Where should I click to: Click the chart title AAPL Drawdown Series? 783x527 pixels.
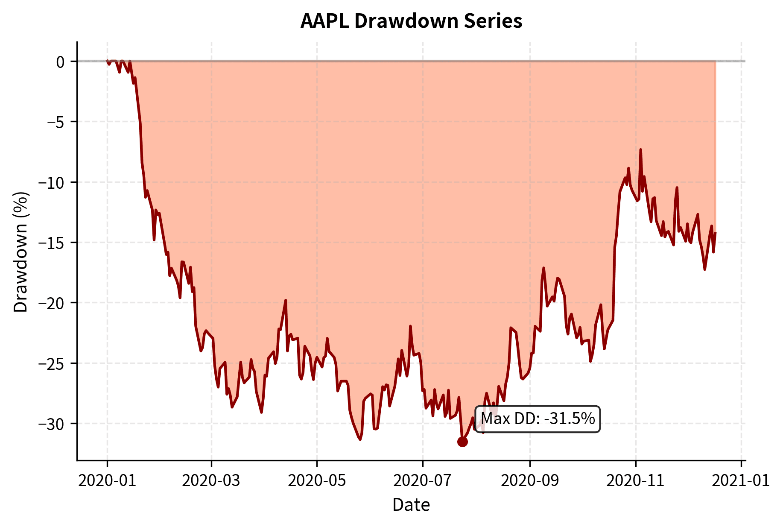coord(411,21)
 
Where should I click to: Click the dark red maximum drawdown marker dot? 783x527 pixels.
coord(462,442)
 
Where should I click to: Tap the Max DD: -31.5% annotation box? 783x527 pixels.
coord(538,419)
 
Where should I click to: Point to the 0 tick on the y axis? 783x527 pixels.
coord(60,62)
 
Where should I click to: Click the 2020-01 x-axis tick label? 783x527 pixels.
coord(107,480)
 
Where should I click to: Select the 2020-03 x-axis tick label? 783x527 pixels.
coord(211,480)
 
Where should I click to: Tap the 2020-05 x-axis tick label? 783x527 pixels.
coord(317,480)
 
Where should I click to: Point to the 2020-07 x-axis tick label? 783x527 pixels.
coord(423,480)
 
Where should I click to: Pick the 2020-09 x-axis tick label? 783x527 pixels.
coord(530,480)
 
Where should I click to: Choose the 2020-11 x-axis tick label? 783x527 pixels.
coord(636,480)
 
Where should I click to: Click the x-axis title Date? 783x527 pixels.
coord(411,505)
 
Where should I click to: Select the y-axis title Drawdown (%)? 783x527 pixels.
coord(20,252)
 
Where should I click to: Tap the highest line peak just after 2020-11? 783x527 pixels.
coord(641,150)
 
